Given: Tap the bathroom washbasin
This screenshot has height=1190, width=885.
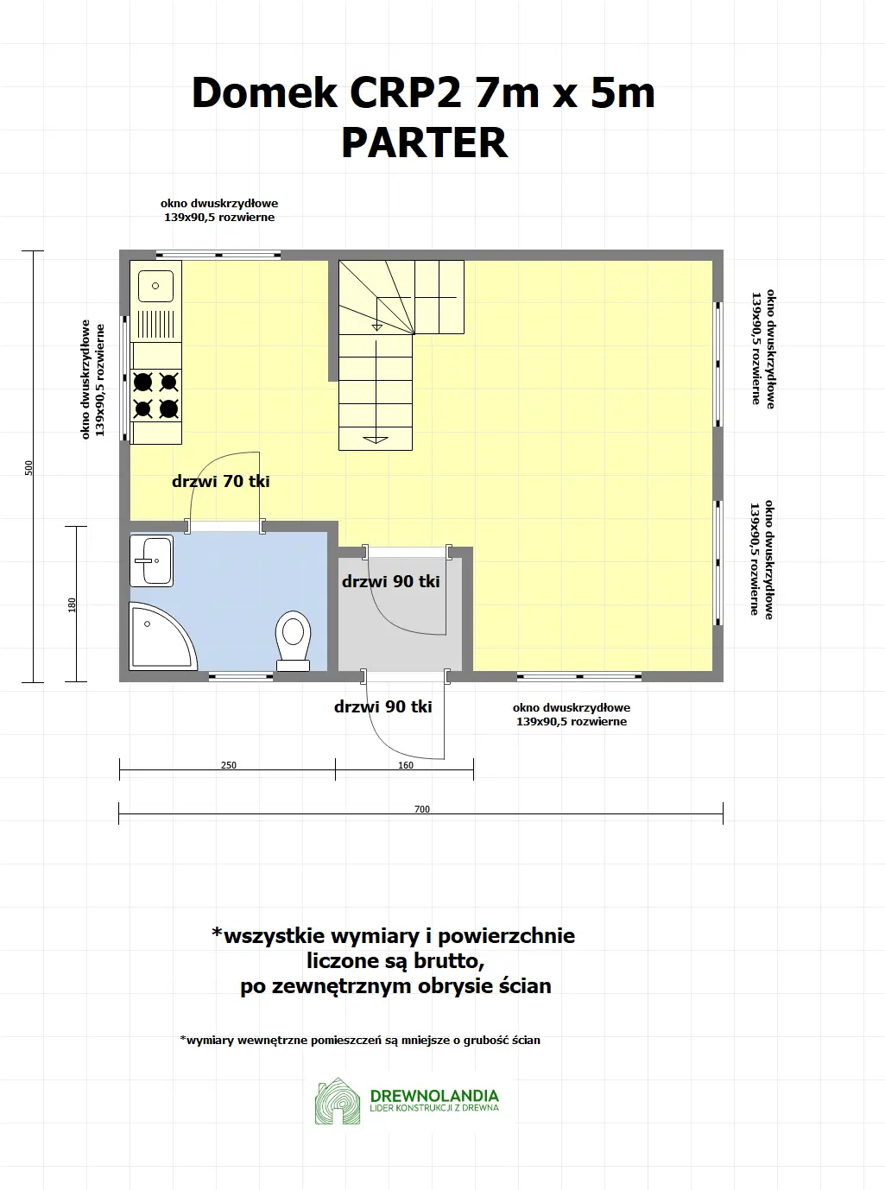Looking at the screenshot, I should (152, 560).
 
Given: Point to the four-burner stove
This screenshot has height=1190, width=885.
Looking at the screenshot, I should (156, 395).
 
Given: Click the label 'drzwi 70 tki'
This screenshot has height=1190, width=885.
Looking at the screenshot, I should (221, 481).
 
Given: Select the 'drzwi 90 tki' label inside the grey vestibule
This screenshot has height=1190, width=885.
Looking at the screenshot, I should (391, 581).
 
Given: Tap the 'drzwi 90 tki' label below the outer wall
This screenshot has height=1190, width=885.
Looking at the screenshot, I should (383, 706).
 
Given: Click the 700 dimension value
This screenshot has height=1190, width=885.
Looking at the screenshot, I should (421, 809).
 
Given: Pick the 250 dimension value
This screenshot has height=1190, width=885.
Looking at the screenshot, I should (229, 765).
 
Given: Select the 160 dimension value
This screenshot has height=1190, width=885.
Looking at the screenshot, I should (406, 765).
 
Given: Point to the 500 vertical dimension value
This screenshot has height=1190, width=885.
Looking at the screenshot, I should (28, 467).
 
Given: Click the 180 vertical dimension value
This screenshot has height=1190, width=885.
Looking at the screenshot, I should (73, 605).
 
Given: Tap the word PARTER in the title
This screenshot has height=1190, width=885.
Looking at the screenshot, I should (424, 142).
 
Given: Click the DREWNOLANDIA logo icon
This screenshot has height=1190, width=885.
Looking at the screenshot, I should (338, 1102).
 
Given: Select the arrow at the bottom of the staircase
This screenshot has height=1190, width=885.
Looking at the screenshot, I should (376, 439).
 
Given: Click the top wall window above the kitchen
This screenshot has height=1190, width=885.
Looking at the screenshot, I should (218, 255).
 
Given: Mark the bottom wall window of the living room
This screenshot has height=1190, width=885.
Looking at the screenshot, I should (579, 676).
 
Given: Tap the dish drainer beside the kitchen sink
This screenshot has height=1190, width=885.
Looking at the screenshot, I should (156, 324).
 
